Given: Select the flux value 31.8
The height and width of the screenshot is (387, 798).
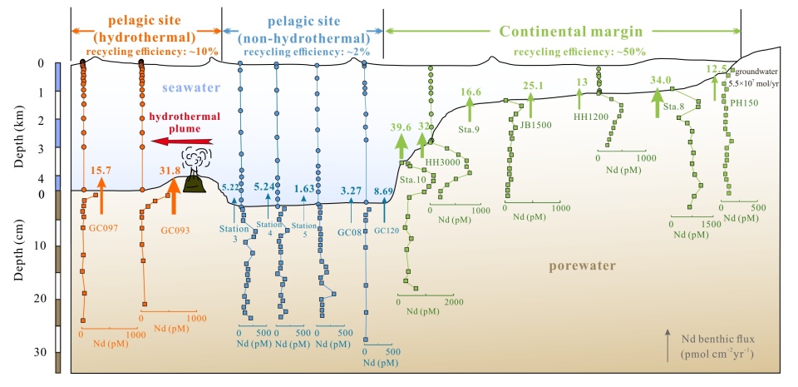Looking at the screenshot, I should [x=170, y=171].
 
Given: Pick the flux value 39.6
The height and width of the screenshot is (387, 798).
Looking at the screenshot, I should [x=401, y=127].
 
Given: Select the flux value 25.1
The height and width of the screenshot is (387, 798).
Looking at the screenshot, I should [x=533, y=85].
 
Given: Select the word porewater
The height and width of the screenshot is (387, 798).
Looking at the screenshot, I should [x=583, y=266].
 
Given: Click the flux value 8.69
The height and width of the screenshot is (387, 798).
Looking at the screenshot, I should [x=383, y=191].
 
